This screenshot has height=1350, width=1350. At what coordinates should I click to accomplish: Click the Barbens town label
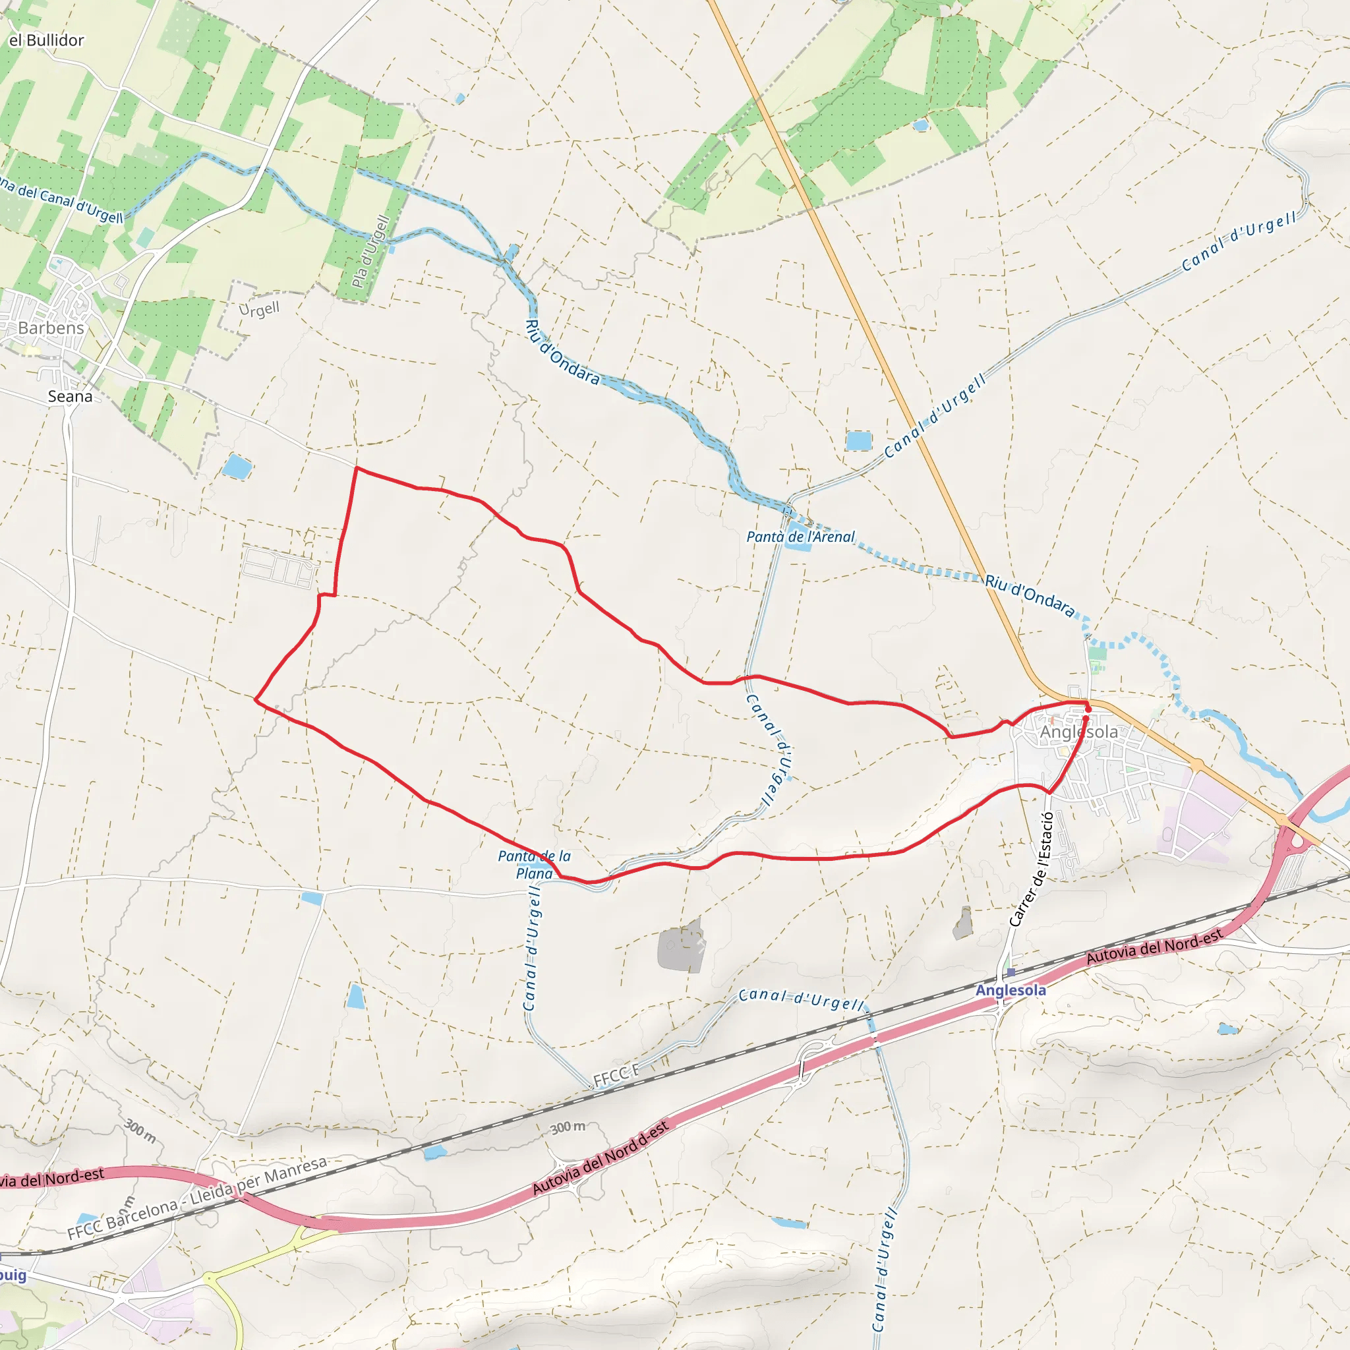click(x=50, y=328)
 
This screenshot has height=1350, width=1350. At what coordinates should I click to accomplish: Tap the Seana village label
click(x=70, y=396)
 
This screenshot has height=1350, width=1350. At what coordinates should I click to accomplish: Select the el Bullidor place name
click(x=46, y=40)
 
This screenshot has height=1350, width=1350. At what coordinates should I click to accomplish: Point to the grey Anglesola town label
click(x=1078, y=732)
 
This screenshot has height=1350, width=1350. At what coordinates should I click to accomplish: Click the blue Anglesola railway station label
click(x=1011, y=990)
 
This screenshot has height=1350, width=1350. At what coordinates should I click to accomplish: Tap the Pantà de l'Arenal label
click(x=800, y=537)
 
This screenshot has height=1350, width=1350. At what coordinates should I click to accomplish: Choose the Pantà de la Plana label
click(x=535, y=864)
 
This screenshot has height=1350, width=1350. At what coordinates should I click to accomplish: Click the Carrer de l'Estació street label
click(x=1031, y=870)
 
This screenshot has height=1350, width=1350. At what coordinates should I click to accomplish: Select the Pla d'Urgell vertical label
click(x=370, y=252)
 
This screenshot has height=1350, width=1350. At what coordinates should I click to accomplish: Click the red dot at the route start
click(x=1088, y=709)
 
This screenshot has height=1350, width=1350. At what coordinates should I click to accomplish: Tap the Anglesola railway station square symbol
click(x=1011, y=972)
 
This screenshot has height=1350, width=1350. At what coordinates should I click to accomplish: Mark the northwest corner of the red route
click(x=357, y=468)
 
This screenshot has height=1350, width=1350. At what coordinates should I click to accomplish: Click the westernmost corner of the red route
click(x=256, y=699)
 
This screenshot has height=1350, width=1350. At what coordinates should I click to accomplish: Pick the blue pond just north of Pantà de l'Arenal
click(x=859, y=441)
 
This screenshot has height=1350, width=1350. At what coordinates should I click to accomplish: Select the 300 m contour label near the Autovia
click(x=568, y=1127)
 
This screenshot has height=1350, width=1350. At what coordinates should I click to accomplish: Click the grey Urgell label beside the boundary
click(x=258, y=309)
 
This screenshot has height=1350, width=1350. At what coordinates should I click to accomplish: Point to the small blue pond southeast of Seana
click(x=236, y=466)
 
